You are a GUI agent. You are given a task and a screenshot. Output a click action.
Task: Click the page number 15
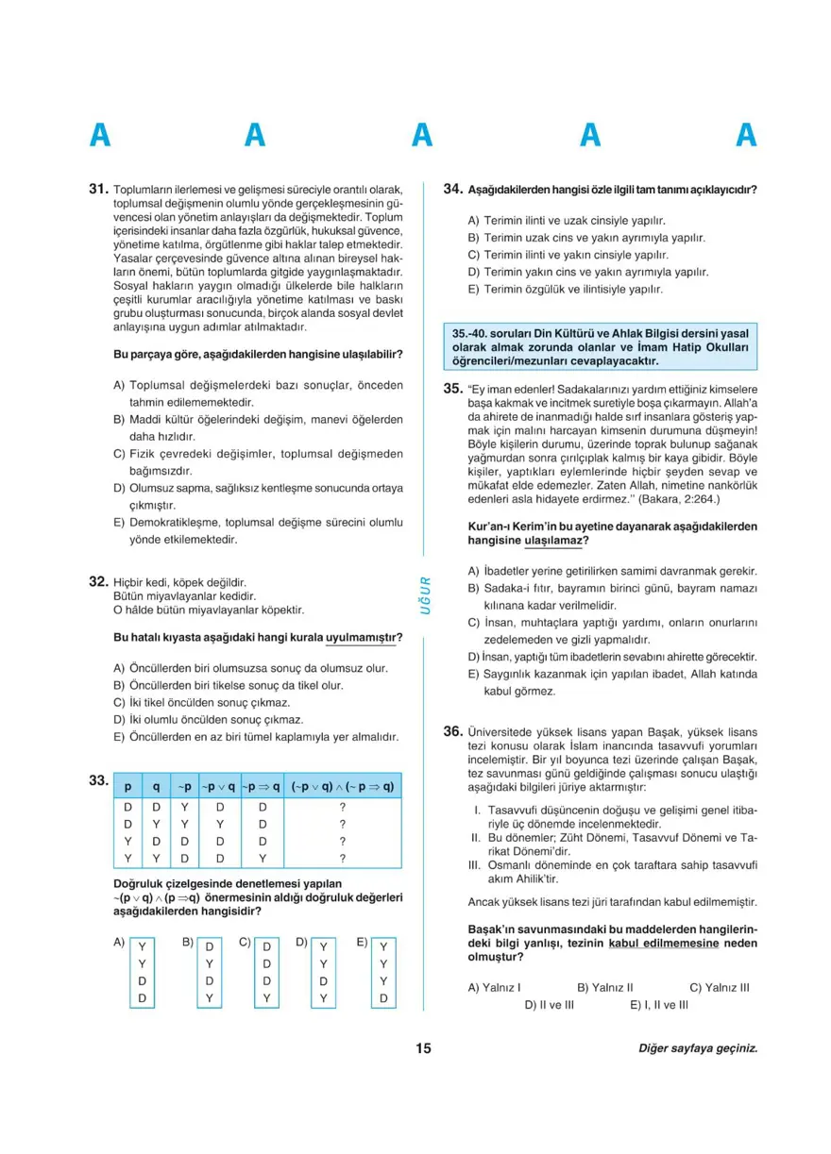click(422, 1049)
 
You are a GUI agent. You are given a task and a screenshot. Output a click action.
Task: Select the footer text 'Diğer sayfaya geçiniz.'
click(698, 1049)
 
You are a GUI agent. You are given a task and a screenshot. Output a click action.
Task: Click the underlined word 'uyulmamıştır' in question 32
click(363, 638)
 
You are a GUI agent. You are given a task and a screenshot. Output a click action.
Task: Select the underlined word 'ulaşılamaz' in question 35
click(551, 541)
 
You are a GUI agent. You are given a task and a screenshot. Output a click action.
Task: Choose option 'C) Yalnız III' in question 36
click(720, 987)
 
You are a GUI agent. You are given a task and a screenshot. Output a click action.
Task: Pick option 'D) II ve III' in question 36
click(550, 1004)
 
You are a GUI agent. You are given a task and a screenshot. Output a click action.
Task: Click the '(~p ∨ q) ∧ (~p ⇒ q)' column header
click(342, 786)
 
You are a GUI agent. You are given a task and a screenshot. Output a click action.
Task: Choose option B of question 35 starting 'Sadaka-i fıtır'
click(613, 596)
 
